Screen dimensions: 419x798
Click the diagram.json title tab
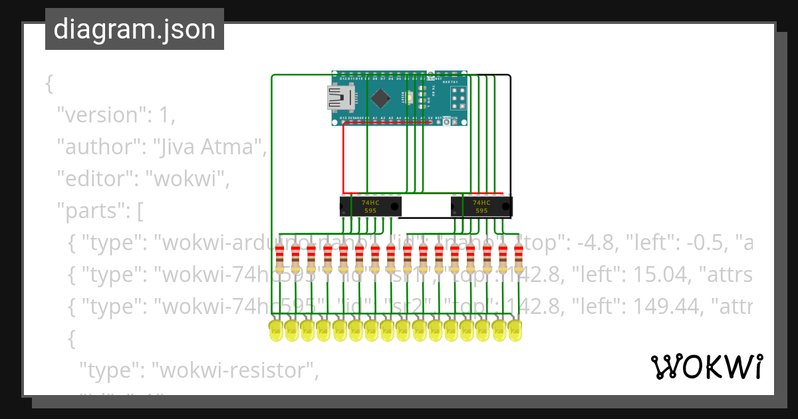134,29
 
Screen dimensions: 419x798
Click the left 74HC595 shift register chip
370,206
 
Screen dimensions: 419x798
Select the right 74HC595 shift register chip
481,206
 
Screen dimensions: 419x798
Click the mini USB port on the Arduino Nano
340,98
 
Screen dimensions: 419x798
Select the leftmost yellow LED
276,331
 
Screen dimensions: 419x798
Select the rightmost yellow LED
515,331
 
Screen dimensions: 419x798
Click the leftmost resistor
279,258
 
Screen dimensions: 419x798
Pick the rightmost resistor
519,258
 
